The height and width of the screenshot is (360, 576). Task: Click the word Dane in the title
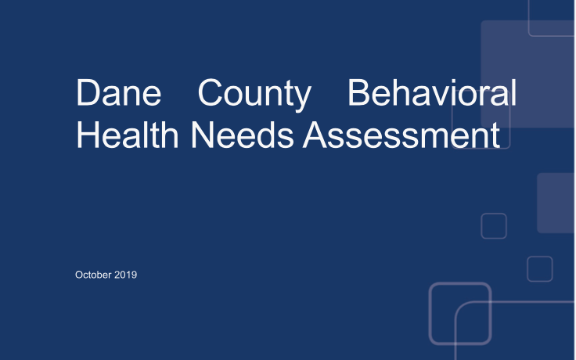click(x=118, y=92)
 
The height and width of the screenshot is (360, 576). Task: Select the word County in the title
click(x=254, y=95)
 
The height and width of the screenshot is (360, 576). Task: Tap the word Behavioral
click(x=432, y=92)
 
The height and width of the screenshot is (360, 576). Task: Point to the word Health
click(x=127, y=135)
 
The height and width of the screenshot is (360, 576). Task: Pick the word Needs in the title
click(x=243, y=135)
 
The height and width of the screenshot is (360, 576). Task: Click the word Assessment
click(x=401, y=135)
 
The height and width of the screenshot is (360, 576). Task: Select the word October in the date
click(x=93, y=275)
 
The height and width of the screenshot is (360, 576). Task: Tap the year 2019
click(x=126, y=275)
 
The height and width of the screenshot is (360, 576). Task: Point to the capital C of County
click(x=210, y=92)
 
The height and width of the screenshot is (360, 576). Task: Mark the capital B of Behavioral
click(x=358, y=92)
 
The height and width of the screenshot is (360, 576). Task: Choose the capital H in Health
click(x=88, y=135)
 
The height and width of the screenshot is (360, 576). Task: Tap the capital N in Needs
click(x=203, y=135)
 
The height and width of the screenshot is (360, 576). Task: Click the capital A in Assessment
click(x=315, y=135)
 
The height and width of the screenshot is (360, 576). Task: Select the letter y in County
click(x=302, y=99)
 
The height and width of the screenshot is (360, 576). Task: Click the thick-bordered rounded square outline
click(x=430, y=313)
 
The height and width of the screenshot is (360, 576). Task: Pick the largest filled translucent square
click(x=527, y=74)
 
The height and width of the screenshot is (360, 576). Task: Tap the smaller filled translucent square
click(x=556, y=203)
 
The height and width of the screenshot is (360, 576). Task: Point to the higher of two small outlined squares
click(x=481, y=226)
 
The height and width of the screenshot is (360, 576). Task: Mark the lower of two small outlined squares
click(x=527, y=269)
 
